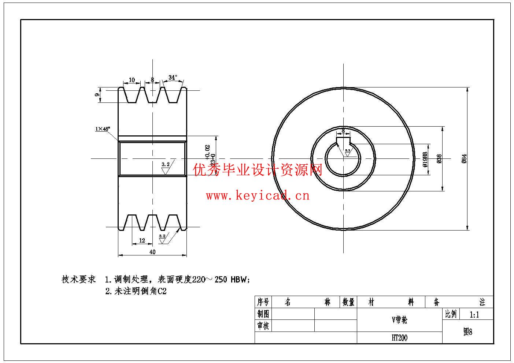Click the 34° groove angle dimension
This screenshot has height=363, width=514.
(x=173, y=78)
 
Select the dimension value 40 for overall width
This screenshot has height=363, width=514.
(x=152, y=252)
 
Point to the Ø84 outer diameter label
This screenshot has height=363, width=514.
(x=464, y=158)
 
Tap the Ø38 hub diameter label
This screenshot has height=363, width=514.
(x=439, y=158)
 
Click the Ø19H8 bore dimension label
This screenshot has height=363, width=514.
(x=425, y=160)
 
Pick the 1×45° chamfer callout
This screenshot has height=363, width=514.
(x=103, y=129)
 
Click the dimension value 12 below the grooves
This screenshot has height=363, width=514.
(x=142, y=240)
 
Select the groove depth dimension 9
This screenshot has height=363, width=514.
(x=97, y=95)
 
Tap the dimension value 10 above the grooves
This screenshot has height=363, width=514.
(x=132, y=80)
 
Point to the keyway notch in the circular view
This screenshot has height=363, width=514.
(x=343, y=140)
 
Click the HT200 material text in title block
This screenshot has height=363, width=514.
(x=399, y=338)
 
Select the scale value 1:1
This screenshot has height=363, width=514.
(x=474, y=314)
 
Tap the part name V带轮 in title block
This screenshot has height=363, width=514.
(x=399, y=320)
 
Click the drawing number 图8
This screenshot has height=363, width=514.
(x=467, y=332)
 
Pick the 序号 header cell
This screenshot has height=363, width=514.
(x=263, y=302)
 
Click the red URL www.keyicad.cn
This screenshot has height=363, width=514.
(x=258, y=196)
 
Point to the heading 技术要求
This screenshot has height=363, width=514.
(x=78, y=280)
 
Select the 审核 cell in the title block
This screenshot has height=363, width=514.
(x=263, y=326)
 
